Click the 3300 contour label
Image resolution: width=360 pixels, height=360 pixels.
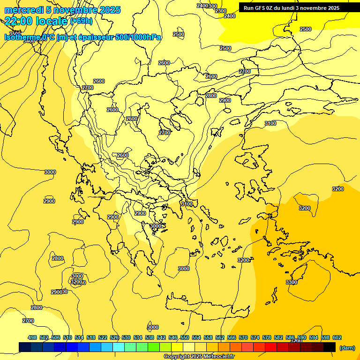coord(291,282)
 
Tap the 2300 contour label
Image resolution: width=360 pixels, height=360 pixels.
coord(220,11)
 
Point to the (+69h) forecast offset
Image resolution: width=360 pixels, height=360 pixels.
coord(81,21)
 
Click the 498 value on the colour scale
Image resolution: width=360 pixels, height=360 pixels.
coord(32,337)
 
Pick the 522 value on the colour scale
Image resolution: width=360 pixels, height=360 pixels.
coord(103,337)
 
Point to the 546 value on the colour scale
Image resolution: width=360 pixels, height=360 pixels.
coord(173,337)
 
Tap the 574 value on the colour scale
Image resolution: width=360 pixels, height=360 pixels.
coord(255,337)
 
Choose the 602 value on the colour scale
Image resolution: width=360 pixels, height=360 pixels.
coord(337,337)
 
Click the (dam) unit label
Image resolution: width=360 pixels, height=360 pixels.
coord(347,347)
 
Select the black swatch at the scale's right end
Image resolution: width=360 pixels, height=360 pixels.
coord(330,347)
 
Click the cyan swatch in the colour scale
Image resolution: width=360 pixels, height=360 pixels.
coord(119,347)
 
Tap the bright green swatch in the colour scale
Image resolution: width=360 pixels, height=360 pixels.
coord(154,347)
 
